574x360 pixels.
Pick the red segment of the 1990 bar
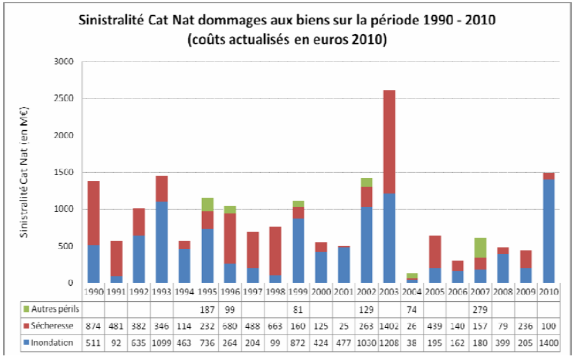pos(93,213)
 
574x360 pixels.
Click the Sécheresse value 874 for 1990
pos(93,326)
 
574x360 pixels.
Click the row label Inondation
pos(52,343)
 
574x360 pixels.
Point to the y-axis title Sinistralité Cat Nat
pos(24,173)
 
